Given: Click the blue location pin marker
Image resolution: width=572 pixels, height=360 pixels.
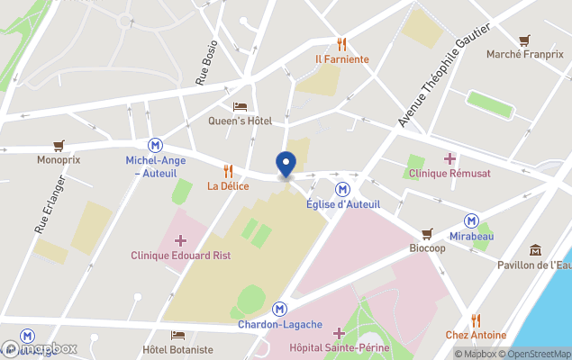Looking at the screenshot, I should point(286,165).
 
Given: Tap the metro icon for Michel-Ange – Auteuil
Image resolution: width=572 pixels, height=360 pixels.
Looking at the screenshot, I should point(157,144).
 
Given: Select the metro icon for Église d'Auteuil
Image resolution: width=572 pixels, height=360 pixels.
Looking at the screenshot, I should point(342,188).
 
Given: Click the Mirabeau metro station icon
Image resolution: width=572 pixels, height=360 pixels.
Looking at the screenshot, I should point(471,220).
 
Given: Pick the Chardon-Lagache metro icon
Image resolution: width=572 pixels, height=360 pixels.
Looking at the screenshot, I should point(281,308).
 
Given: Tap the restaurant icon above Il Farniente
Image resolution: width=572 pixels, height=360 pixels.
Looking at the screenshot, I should point(341,43).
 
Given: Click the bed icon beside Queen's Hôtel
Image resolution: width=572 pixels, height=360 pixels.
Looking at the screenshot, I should point(240,106).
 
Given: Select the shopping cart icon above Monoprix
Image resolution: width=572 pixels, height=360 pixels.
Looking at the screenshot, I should point(59,144).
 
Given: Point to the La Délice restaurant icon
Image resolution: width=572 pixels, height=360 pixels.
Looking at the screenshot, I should point(228,170).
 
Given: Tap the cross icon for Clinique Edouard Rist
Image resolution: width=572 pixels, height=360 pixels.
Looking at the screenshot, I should point(180,240).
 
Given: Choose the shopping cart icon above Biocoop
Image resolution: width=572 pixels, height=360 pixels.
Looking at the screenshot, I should point(427,232).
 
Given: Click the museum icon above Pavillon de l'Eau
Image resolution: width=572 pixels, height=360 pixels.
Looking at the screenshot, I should point(535,249).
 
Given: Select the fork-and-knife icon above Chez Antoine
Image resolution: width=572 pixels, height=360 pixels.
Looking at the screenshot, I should point(475,319).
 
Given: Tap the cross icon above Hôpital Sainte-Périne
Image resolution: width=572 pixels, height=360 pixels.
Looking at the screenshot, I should point(339,334).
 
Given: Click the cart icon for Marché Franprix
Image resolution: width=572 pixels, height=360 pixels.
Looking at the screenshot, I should point(524,40).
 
